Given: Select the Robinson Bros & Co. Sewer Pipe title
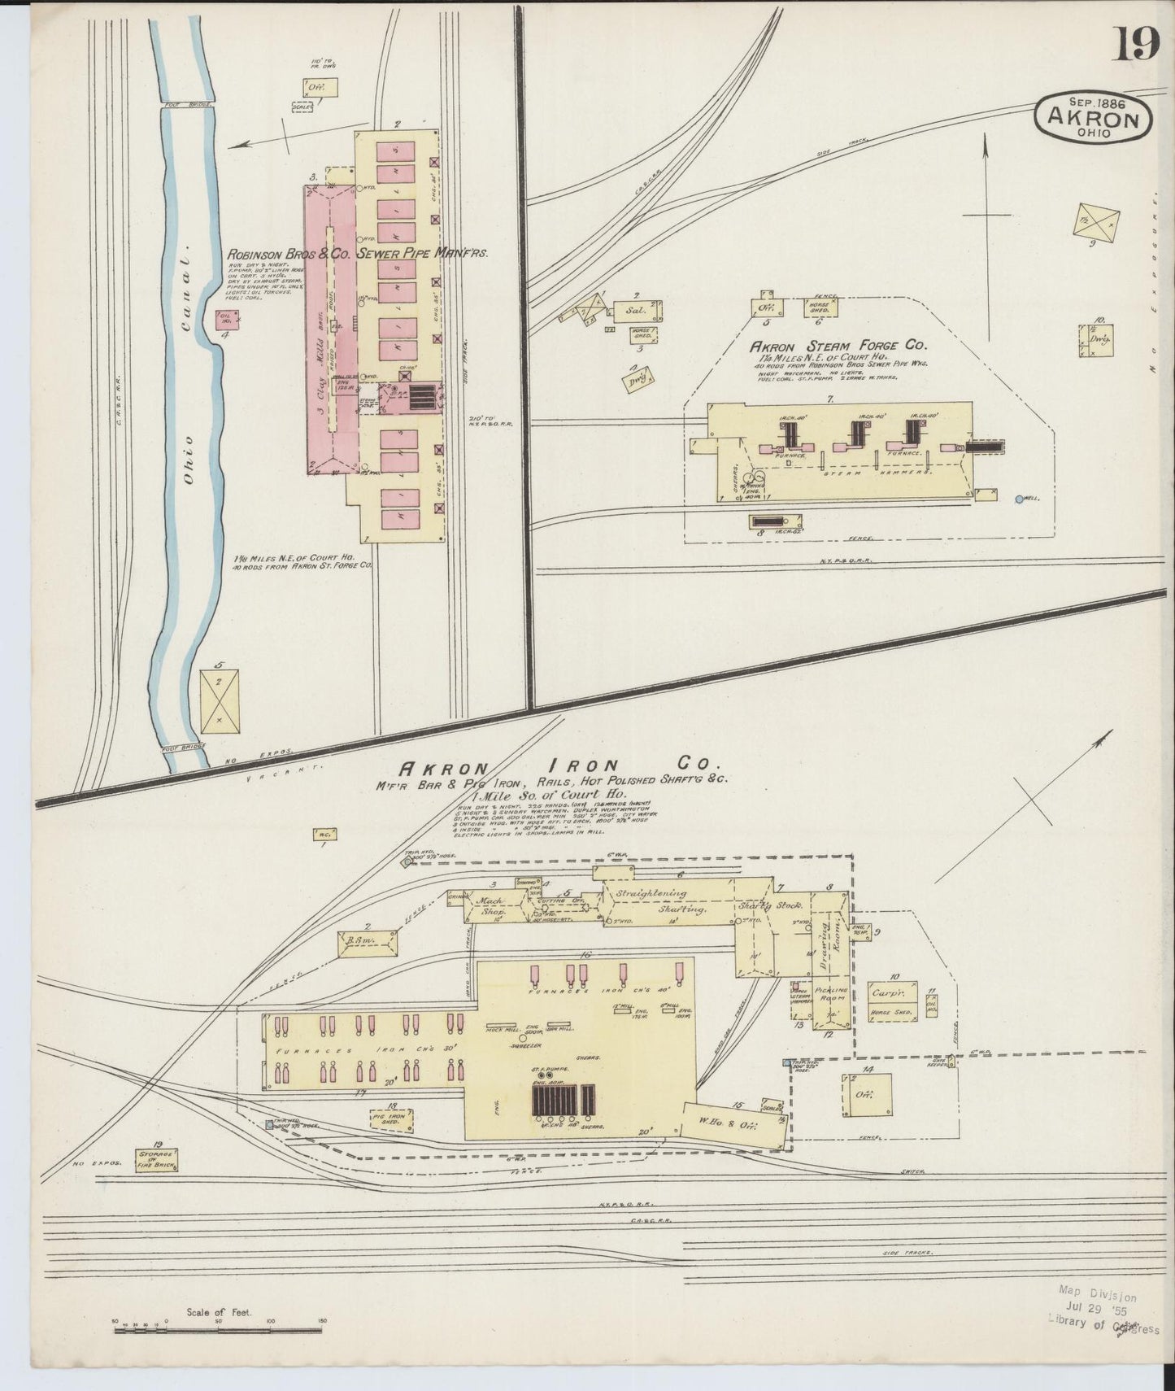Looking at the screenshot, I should (x=359, y=254).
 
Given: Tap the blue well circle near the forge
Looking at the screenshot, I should (x=1020, y=499).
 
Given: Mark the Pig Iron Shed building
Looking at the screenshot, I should (x=391, y=1121).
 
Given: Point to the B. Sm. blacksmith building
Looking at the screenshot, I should (x=366, y=942).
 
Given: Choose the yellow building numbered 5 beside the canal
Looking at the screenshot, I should (x=220, y=700).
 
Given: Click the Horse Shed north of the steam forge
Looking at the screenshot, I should (x=819, y=307).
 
